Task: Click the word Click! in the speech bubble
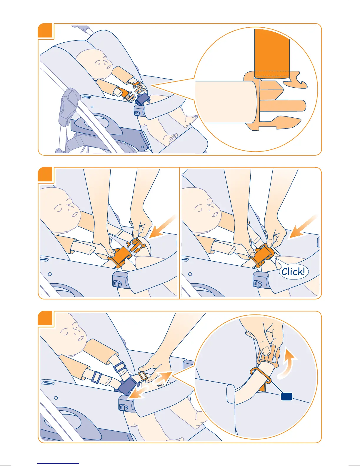[x=293, y=272]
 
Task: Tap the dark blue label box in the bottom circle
[x=286, y=396]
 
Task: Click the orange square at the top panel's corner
[x=45, y=31]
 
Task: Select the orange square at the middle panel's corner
[x=45, y=174]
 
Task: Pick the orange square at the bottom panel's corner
[x=45, y=318]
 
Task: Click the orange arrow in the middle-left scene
[x=162, y=228]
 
